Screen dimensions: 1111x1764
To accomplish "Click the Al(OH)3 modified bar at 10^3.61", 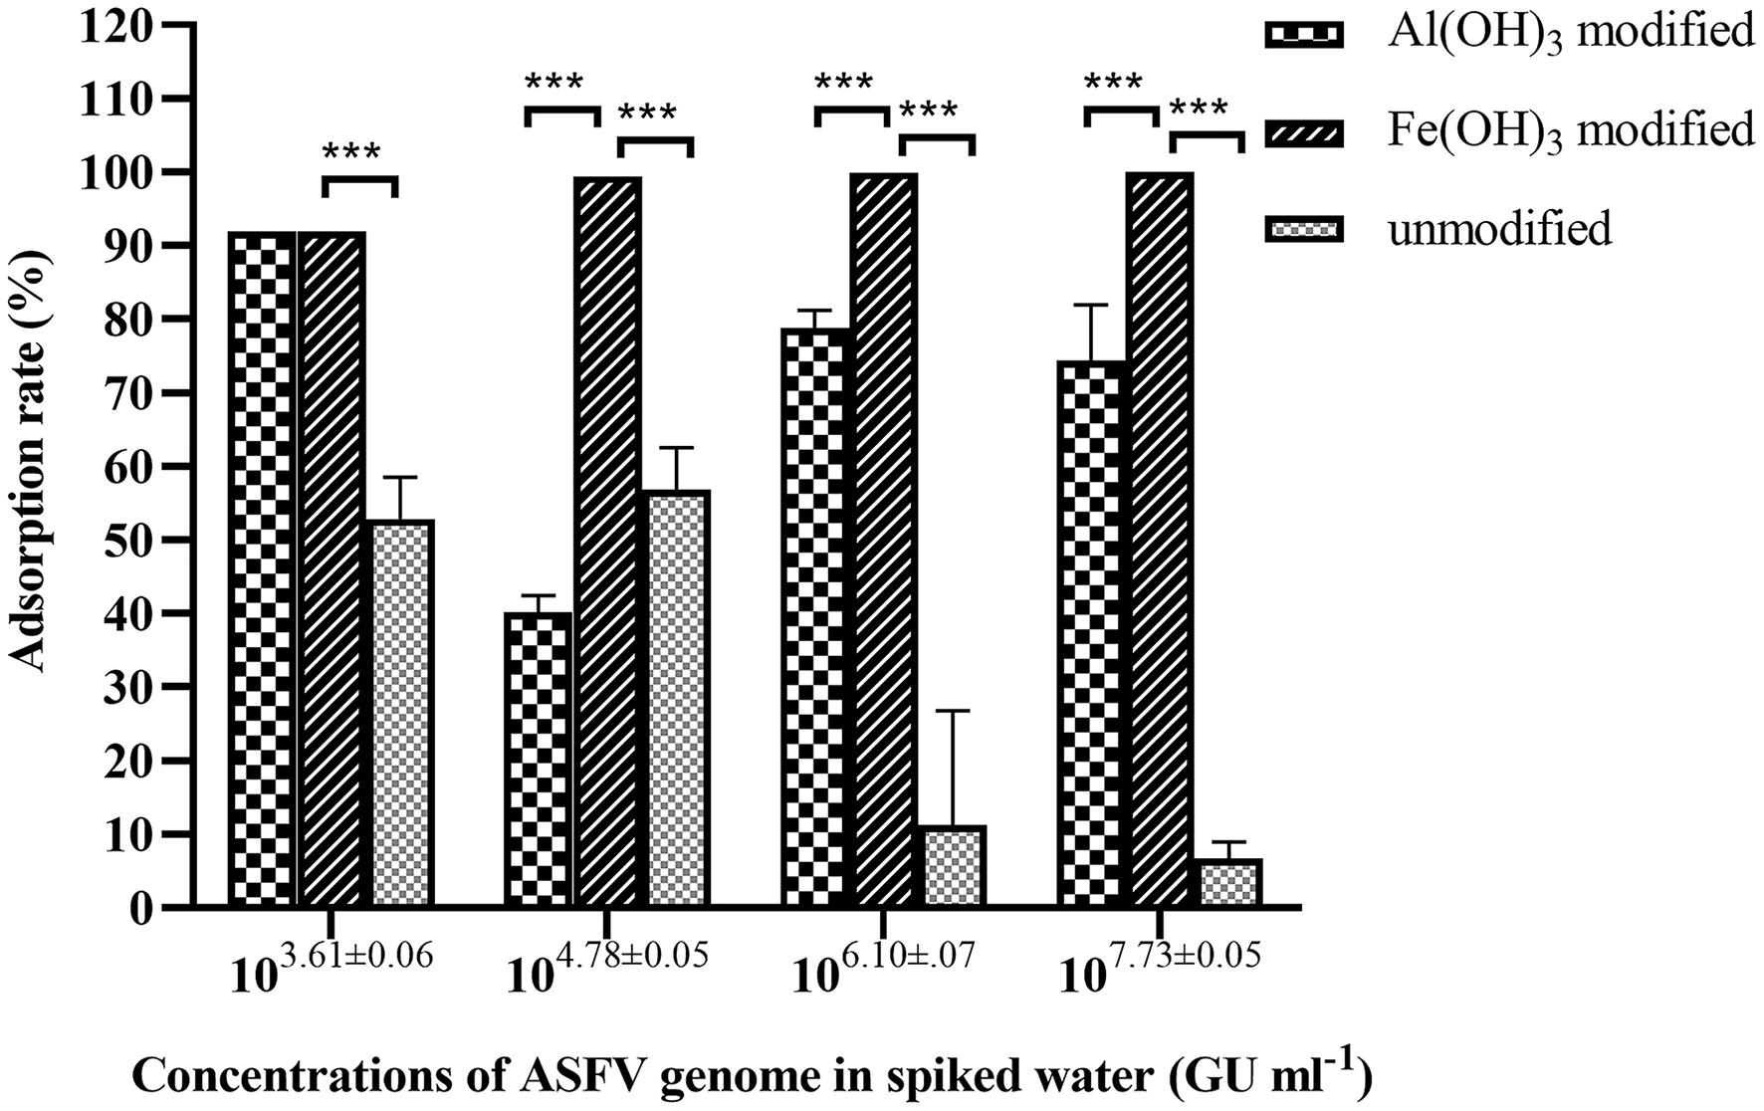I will [x=262, y=568].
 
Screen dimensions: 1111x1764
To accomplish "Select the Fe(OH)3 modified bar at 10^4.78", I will [x=607, y=542].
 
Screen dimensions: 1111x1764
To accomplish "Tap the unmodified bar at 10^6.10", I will [x=954, y=866].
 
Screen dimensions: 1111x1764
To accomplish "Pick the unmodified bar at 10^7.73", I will [x=1230, y=882].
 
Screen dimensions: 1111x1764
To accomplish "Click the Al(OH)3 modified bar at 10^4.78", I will [x=538, y=760].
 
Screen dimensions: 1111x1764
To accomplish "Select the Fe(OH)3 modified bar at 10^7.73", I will [x=1161, y=540].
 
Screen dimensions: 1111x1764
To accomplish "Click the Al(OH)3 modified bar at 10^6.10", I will [x=815, y=617].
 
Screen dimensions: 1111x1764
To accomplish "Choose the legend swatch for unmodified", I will [x=1303, y=230].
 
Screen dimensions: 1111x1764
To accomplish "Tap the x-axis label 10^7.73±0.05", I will [x=1161, y=965].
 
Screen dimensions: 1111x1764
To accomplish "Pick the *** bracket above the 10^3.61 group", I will [x=359, y=181].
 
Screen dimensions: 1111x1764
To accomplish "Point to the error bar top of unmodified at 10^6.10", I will [x=954, y=711].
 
